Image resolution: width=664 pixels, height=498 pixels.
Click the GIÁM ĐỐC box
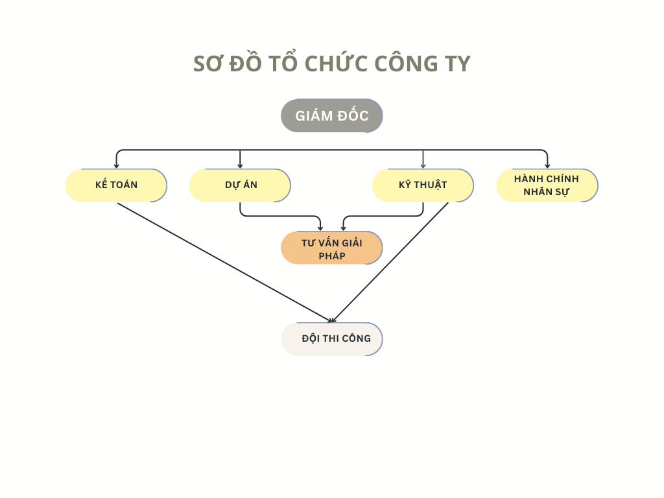331,115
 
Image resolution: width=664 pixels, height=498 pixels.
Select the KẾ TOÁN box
116,185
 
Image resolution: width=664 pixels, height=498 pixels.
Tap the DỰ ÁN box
240,185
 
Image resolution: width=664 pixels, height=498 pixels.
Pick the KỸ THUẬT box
423,185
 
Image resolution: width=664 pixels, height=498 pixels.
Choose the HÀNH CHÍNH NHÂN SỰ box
547,185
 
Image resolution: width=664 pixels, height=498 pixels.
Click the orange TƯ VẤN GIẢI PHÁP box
331,248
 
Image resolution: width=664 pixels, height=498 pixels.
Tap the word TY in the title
457,64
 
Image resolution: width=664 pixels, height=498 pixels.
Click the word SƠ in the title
207,64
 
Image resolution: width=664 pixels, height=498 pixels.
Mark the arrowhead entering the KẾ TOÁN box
117,166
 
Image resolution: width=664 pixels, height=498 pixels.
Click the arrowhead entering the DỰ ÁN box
240,166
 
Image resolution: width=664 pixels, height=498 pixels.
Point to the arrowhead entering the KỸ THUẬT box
423,166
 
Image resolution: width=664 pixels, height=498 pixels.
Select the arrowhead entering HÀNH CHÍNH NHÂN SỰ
547,166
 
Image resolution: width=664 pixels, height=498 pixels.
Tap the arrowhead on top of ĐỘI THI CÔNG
331,320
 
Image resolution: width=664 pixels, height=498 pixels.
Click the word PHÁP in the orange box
332,256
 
